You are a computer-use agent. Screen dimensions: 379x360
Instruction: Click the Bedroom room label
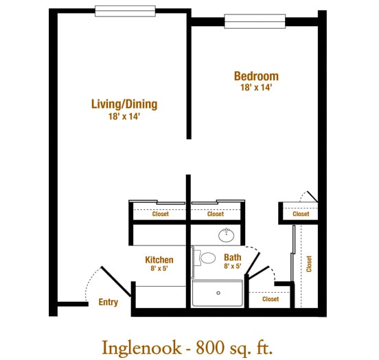pyautogui.click(x=256, y=76)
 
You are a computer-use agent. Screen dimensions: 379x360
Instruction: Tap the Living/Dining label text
pyautogui.click(x=124, y=104)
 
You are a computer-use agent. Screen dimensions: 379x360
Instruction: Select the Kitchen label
pyautogui.click(x=159, y=260)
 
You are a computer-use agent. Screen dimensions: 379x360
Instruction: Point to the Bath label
pyautogui.click(x=233, y=258)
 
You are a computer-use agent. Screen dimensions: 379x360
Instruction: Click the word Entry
pyautogui.click(x=108, y=302)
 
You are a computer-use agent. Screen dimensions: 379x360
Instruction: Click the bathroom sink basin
pyautogui.click(x=227, y=235)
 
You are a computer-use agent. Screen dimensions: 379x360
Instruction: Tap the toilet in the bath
pyautogui.click(x=205, y=258)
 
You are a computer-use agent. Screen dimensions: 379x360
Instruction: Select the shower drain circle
pyautogui.click(x=218, y=293)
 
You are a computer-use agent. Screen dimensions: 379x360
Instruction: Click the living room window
pyautogui.click(x=125, y=11)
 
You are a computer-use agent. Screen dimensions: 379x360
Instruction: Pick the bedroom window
pyautogui.click(x=255, y=21)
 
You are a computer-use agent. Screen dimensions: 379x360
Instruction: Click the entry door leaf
pyautogui.click(x=116, y=281)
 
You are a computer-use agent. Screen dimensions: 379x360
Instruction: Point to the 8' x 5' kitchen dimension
pyautogui.click(x=159, y=268)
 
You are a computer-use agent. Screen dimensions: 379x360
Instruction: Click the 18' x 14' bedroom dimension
pyautogui.click(x=256, y=87)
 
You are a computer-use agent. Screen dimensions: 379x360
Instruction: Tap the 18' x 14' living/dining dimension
pyautogui.click(x=124, y=117)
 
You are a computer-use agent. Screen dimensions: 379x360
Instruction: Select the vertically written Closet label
pyautogui.click(x=309, y=264)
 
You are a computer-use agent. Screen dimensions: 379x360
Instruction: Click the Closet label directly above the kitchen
pyautogui.click(x=161, y=214)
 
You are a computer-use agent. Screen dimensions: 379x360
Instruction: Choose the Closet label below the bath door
pyautogui.click(x=271, y=299)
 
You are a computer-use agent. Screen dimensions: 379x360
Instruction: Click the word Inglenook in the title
pyautogui.click(x=141, y=348)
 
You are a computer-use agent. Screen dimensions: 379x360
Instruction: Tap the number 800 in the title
pyautogui.click(x=209, y=348)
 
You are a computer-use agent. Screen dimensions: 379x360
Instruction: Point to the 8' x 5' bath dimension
pyautogui.click(x=233, y=266)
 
